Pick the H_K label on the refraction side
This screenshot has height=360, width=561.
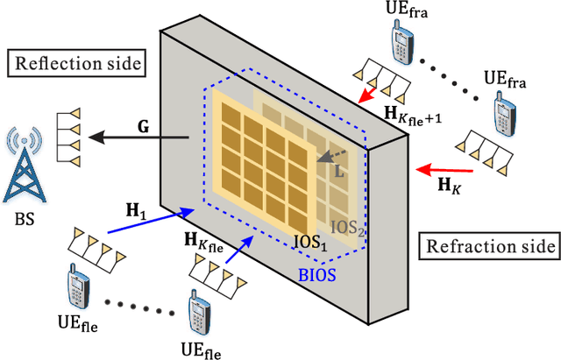(x=449, y=186)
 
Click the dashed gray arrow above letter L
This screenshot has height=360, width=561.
(x=334, y=156)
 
